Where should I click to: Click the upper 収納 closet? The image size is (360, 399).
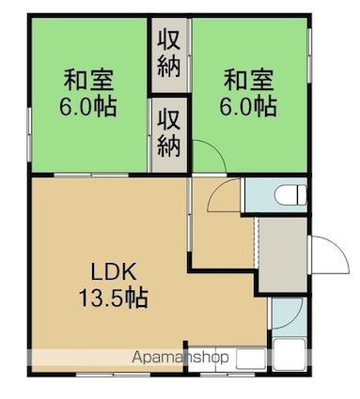pos(169,53)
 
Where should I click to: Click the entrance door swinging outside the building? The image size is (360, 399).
pos(328,255)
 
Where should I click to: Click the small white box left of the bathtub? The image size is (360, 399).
pos(251,358)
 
